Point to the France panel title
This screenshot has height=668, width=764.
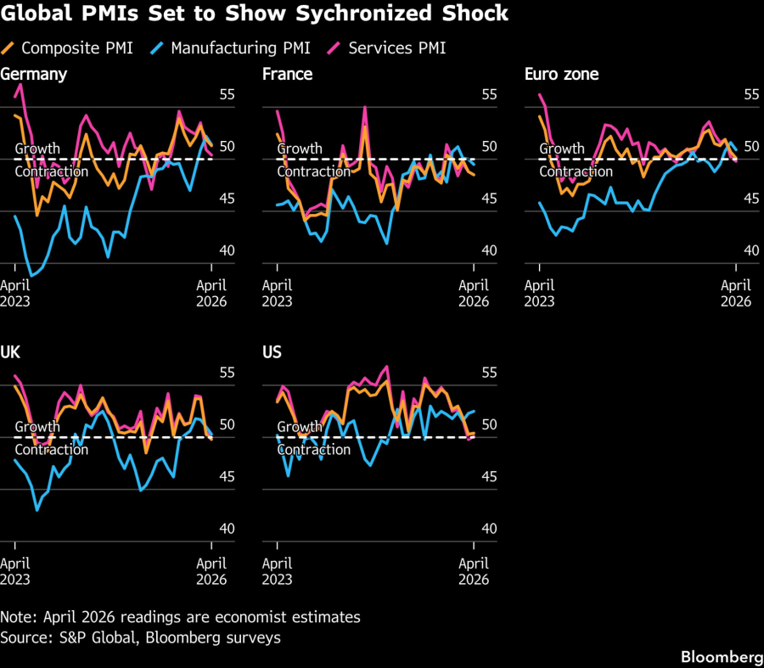pyautogui.click(x=287, y=74)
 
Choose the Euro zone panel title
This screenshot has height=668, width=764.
pyautogui.click(x=562, y=74)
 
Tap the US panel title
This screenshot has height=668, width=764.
pyautogui.click(x=272, y=352)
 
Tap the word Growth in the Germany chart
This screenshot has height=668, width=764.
pyautogui.click(x=37, y=149)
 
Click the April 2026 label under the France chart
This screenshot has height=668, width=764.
pyautogui.click(x=474, y=293)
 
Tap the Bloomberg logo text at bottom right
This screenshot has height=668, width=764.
pyautogui.click(x=721, y=657)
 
